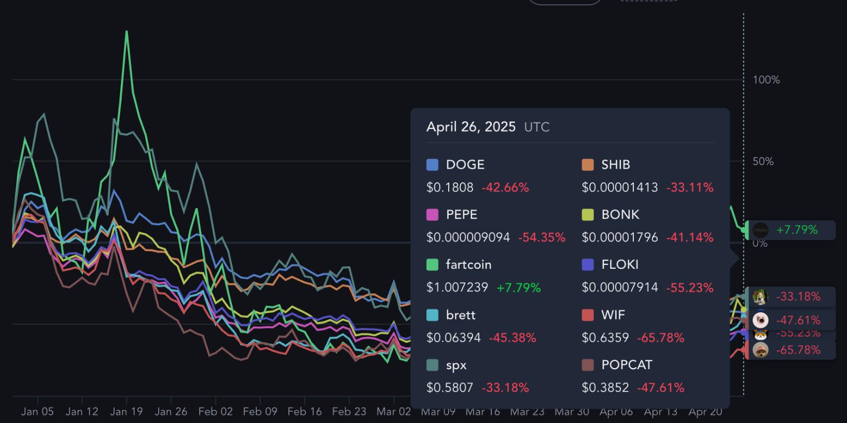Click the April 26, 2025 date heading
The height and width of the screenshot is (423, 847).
tap(471, 127)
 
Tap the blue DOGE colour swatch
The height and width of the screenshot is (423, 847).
tap(432, 164)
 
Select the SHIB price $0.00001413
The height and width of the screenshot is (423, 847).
tap(619, 188)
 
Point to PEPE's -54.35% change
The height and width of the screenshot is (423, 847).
tap(541, 238)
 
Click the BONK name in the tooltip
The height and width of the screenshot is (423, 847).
tap(620, 214)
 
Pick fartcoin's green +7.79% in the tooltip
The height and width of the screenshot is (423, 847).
tap(518, 288)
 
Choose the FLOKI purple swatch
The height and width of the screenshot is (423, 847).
tap(588, 264)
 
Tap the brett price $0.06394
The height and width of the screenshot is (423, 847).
tap(453, 338)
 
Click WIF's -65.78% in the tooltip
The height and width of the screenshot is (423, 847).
tap(660, 338)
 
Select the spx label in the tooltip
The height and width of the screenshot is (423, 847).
tap(456, 365)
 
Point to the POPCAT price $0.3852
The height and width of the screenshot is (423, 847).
tap(605, 388)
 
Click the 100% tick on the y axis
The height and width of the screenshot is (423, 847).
tap(766, 80)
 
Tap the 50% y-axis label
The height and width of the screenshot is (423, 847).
tap(763, 162)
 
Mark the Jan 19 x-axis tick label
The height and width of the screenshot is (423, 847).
tap(126, 412)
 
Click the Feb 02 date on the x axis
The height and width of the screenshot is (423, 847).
tap(215, 412)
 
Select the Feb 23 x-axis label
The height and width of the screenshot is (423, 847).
tap(349, 412)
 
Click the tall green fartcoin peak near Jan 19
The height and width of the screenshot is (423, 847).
tap(127, 32)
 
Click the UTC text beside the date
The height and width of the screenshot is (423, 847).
tap(537, 127)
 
